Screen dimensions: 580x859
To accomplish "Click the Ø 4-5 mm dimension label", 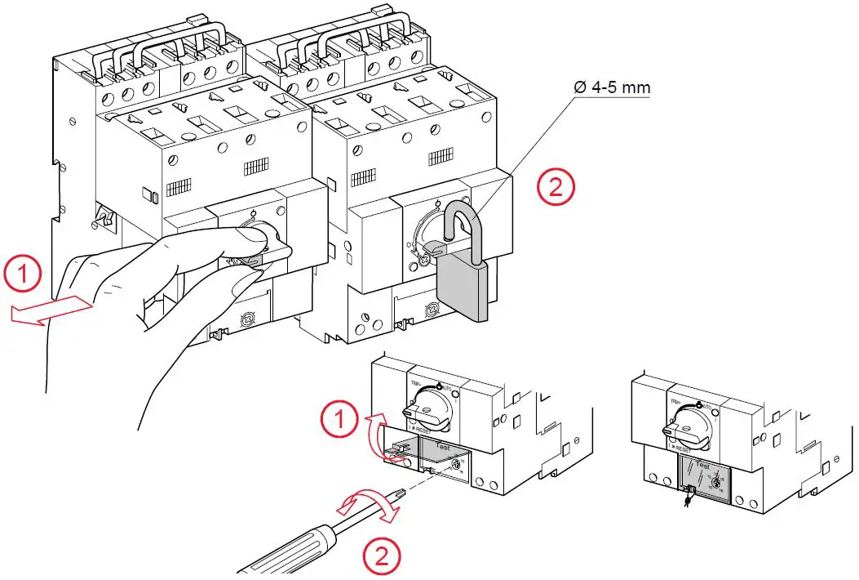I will (612, 87).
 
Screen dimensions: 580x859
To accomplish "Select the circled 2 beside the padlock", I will (556, 187).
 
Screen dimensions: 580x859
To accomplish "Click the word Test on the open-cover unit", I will (443, 448).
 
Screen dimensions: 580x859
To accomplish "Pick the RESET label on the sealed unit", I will (684, 448).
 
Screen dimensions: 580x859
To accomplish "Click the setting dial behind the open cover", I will (454, 467).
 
